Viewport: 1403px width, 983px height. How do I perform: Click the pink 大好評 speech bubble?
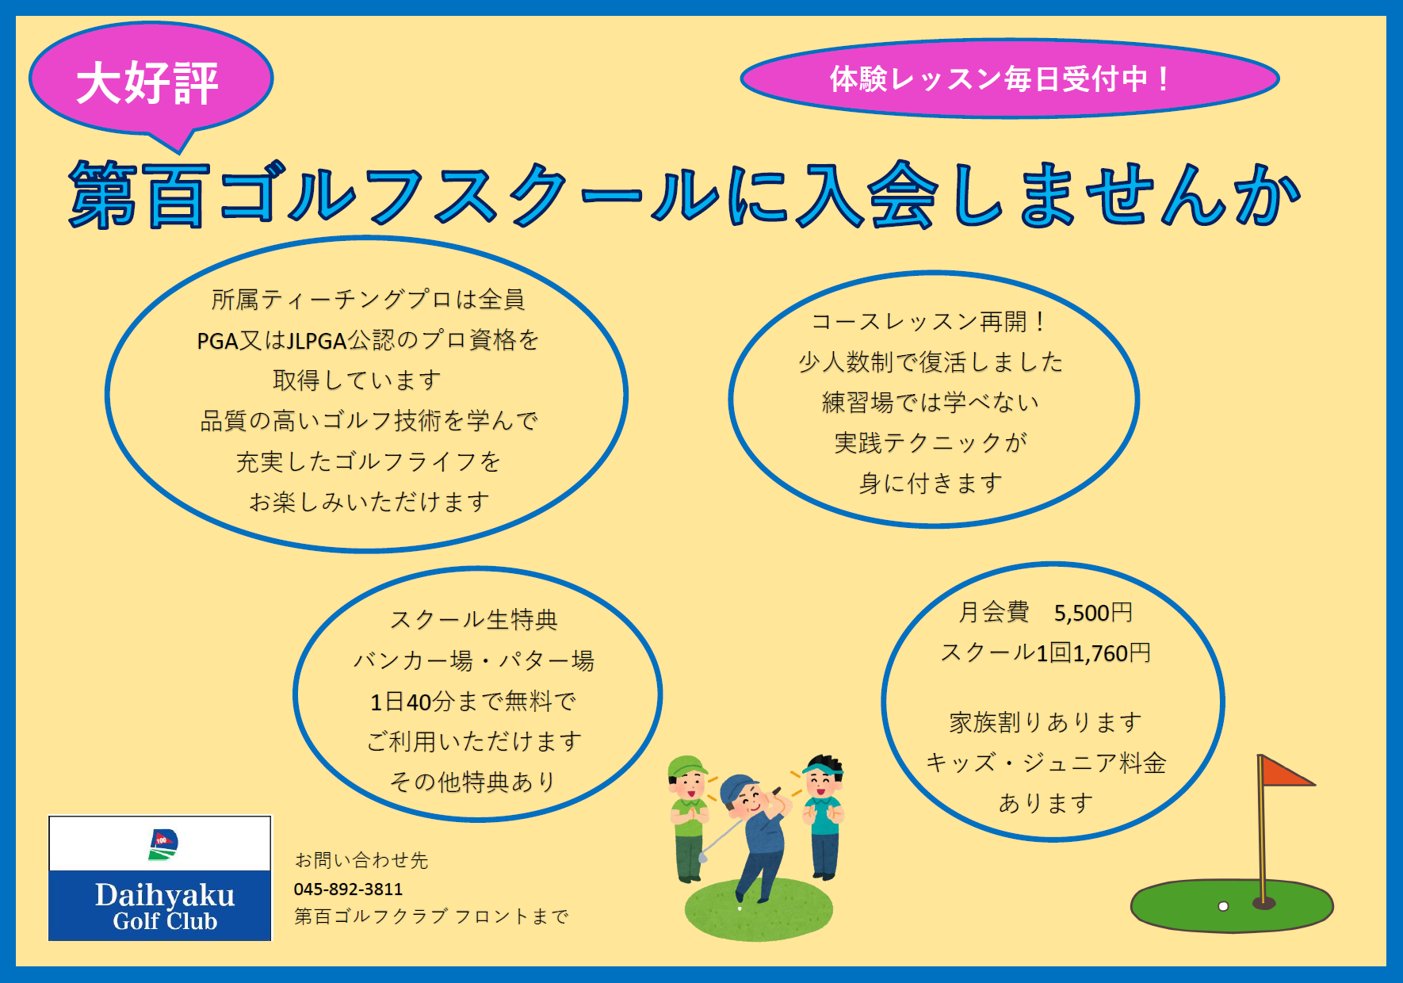pyautogui.click(x=151, y=79)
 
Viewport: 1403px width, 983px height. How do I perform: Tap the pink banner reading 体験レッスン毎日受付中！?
pyautogui.click(x=1009, y=78)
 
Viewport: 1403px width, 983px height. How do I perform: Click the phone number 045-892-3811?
pyautogui.click(x=348, y=889)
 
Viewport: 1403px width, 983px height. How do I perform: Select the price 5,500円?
pyautogui.click(x=1093, y=613)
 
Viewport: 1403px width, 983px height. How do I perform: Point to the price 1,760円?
pyautogui.click(x=1111, y=653)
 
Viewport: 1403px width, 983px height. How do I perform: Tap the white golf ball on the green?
pyautogui.click(x=1223, y=906)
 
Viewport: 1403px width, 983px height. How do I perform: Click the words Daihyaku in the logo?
pyautogui.click(x=165, y=895)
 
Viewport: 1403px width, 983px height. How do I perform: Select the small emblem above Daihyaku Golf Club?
pyautogui.click(x=163, y=844)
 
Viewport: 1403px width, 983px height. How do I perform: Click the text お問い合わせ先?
pyautogui.click(x=361, y=860)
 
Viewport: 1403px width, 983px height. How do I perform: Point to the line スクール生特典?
pyautogui.click(x=474, y=620)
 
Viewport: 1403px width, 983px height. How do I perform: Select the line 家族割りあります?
pyautogui.click(x=1046, y=722)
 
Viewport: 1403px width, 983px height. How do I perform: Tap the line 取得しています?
pyautogui.click(x=357, y=381)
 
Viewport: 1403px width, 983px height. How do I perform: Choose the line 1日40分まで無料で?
pyautogui.click(x=473, y=702)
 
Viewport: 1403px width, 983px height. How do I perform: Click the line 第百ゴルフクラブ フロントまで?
pyautogui.click(x=431, y=916)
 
